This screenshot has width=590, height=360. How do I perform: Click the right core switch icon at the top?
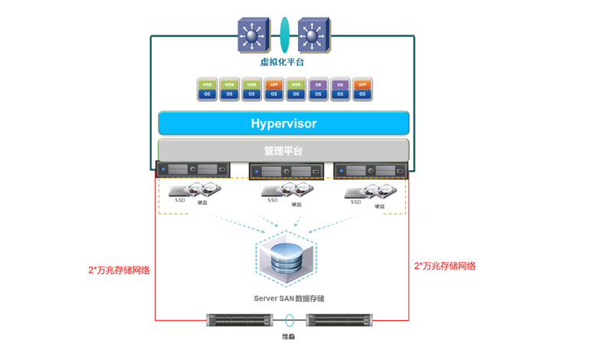click(312, 34)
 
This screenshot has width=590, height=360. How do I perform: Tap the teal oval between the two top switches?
click(284, 35)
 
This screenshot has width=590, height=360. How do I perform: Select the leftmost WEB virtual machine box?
click(206, 89)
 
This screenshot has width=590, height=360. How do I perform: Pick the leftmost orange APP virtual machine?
click(274, 89)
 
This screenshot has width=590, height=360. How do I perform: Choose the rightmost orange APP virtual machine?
click(363, 89)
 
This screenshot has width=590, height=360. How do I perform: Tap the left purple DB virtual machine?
click(318, 89)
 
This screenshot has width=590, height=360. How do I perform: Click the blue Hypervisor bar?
click(284, 123)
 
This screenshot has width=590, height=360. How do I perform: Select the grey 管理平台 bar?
click(284, 150)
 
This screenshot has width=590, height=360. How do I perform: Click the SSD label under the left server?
click(180, 201)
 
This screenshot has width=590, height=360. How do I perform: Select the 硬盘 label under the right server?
click(379, 206)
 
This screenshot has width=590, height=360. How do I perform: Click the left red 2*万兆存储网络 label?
click(120, 270)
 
